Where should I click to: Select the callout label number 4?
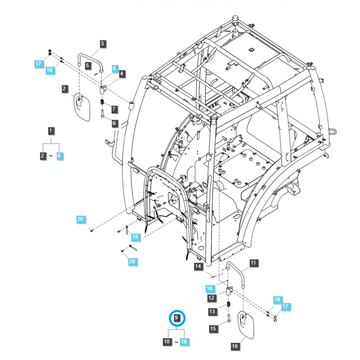click(121, 74)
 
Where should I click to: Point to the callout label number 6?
click(114, 123)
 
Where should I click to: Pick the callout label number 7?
click(114, 109)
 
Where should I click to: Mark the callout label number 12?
click(211, 297)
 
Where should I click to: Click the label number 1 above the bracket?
click(51, 131)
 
